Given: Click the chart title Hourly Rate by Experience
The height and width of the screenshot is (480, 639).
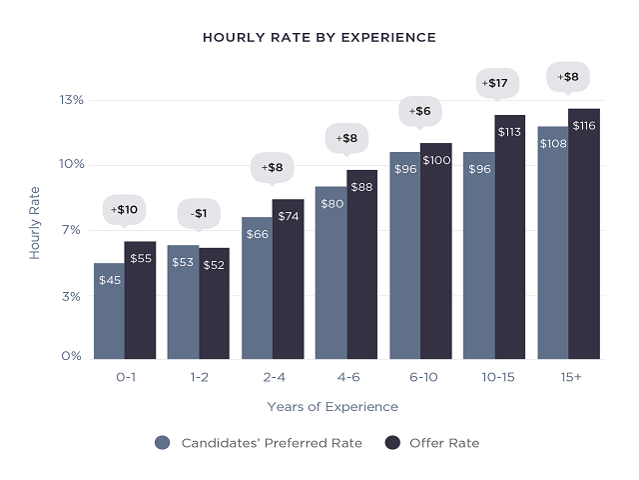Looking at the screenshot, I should click(319, 37).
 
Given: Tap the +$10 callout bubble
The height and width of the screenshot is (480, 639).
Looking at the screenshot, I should click(125, 209).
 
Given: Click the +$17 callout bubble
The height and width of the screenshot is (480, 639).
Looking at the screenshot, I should click(493, 83).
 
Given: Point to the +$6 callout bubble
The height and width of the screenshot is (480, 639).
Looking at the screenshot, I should click(419, 111).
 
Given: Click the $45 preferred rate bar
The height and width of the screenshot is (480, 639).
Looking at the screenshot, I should click(110, 311).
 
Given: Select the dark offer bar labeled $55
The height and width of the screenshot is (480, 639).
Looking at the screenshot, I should click(140, 300).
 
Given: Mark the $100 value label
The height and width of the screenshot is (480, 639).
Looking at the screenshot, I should click(435, 160).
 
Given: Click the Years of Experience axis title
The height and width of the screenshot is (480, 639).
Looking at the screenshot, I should click(332, 407).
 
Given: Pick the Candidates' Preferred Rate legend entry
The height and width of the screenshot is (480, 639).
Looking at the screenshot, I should click(259, 443).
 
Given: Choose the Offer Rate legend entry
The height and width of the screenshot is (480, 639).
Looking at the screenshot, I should click(432, 443).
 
